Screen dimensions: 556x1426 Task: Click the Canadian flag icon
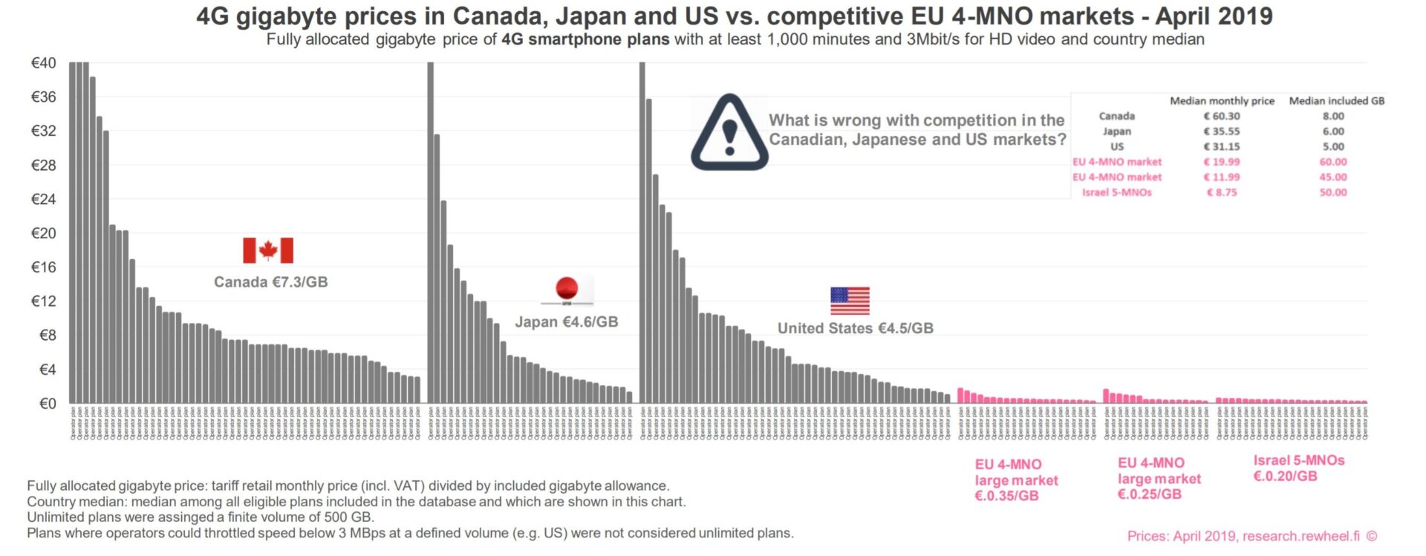point(268,251)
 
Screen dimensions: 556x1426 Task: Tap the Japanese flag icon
point(567,290)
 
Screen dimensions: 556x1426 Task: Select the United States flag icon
point(850,301)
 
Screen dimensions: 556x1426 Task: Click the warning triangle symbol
point(729,133)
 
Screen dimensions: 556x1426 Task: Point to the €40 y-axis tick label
point(43,63)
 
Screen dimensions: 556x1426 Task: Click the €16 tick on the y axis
point(43,267)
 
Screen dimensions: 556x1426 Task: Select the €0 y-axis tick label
point(47,404)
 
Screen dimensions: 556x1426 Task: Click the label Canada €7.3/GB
point(270,282)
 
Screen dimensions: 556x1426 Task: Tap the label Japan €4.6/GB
point(567,322)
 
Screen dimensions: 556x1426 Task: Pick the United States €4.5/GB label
point(855,328)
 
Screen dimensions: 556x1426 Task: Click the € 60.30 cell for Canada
point(1222,117)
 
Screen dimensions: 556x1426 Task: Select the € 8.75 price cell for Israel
point(1222,192)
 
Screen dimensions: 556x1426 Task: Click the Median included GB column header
point(1336,101)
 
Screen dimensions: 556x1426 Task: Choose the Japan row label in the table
point(1116,131)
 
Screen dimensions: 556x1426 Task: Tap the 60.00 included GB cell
point(1332,162)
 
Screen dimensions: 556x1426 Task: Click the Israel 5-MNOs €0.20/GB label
point(1298,468)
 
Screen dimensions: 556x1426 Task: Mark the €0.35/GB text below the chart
point(1006,496)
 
